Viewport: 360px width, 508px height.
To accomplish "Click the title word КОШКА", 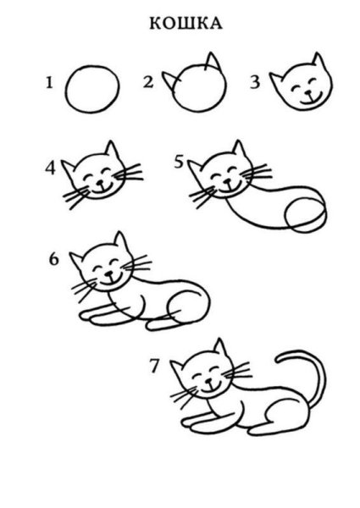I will coord(180,24).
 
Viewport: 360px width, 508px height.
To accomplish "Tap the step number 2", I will coord(148,82).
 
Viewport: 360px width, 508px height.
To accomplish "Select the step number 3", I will coord(252,82).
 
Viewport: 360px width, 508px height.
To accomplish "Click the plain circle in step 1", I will coord(90,89).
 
